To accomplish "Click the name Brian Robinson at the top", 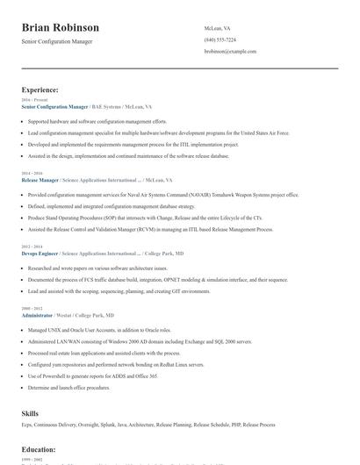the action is click(61, 28).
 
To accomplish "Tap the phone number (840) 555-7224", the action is click(220, 39).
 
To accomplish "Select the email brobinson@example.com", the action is click(230, 51).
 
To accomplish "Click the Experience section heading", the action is click(40, 89).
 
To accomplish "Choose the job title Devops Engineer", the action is click(40, 252).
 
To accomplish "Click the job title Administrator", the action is click(37, 314).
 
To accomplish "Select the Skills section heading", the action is click(30, 411).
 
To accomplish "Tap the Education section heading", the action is click(39, 449).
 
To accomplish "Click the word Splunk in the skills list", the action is click(104, 424).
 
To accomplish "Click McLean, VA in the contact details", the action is click(218, 28).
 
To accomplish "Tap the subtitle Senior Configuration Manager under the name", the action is click(56, 41).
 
